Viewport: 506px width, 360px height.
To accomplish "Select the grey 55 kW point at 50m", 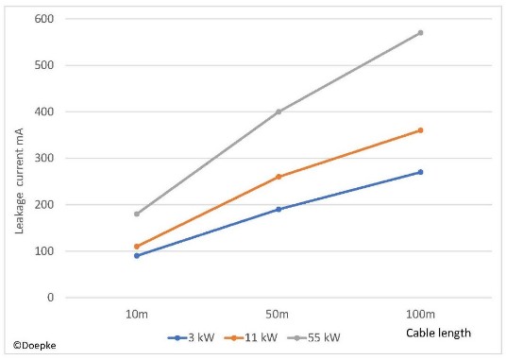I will coord(278,111).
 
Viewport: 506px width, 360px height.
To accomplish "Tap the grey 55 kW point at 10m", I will coord(137,214).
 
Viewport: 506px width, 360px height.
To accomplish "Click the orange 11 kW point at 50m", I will coord(278,177).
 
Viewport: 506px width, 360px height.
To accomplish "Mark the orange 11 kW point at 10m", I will coord(137,247).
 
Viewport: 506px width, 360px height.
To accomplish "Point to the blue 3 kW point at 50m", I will coord(278,209).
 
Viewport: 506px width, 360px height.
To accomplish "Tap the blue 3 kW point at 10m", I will coord(137,255).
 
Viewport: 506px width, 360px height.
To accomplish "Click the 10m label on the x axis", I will coord(137,314).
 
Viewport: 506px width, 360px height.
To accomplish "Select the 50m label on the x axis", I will coord(278,314).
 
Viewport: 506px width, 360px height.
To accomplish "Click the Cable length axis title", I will coord(438,334).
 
